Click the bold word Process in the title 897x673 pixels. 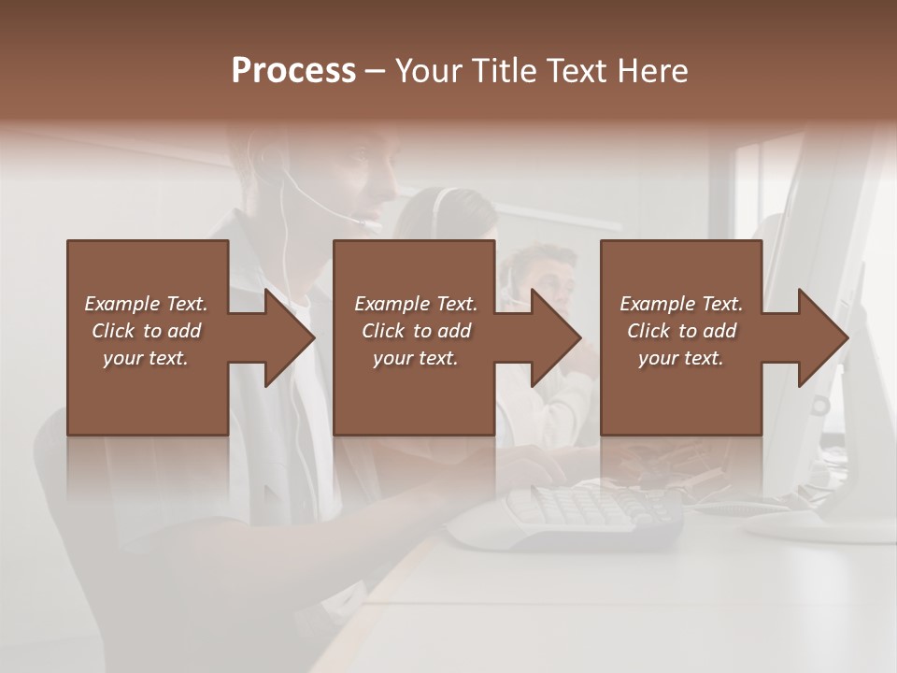tap(293, 70)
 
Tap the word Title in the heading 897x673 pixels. tap(503, 70)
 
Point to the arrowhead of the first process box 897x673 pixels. tap(290, 337)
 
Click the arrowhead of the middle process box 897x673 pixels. tap(557, 337)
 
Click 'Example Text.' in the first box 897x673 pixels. tap(146, 304)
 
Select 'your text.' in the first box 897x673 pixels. tap(146, 358)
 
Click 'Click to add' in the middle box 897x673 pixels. tap(416, 331)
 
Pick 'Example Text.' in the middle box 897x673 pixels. tap(416, 304)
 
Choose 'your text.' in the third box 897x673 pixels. tap(681, 358)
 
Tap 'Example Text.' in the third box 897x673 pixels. tap(681, 304)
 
